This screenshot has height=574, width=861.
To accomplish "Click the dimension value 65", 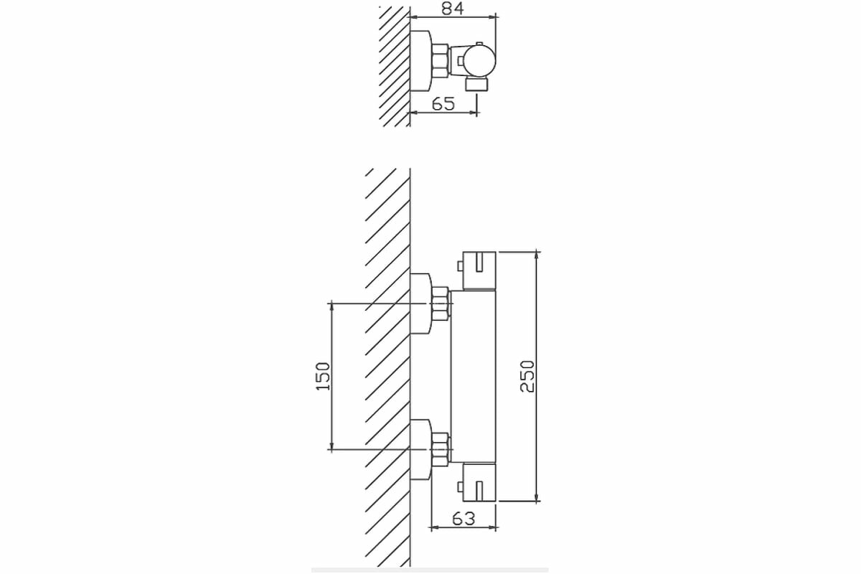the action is (x=443, y=103).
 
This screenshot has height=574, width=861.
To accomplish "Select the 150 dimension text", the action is (x=324, y=376).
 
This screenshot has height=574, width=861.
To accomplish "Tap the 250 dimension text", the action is (x=527, y=376).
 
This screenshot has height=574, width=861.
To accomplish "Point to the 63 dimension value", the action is (x=464, y=518).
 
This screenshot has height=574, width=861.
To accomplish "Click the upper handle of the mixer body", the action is (x=480, y=270).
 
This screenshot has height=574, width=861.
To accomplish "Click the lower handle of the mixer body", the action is (x=480, y=481).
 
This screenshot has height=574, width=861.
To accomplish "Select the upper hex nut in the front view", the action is (x=439, y=304).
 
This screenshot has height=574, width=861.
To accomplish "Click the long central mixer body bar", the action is (x=474, y=376).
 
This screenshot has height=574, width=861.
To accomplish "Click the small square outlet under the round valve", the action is (x=477, y=85).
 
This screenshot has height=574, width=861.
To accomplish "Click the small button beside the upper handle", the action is (x=459, y=267).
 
